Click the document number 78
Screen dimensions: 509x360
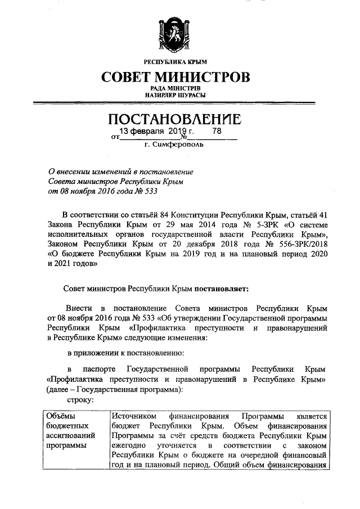click(x=217, y=132)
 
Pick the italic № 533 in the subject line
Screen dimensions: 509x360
click(x=143, y=191)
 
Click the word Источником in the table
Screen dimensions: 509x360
click(x=134, y=416)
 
